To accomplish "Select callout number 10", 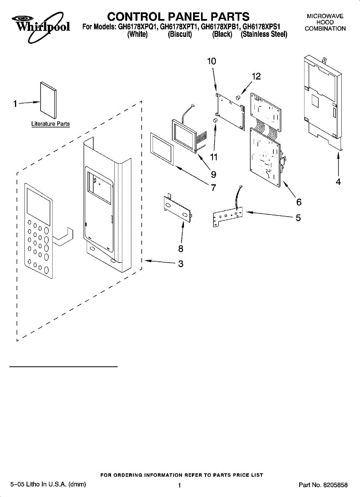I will click(211, 61).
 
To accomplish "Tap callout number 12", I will click(256, 76).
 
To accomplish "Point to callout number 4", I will click(338, 181).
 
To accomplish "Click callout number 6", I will click(298, 202).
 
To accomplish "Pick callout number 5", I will click(298, 217).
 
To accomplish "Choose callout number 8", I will click(181, 248).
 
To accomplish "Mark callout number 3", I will click(181, 263).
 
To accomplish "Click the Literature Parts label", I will click(51, 124).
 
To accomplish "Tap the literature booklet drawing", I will click(48, 100).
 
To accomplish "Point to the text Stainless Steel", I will click(264, 35).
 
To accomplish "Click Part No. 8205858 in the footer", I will click(323, 485).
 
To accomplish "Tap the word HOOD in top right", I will click(325, 22).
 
